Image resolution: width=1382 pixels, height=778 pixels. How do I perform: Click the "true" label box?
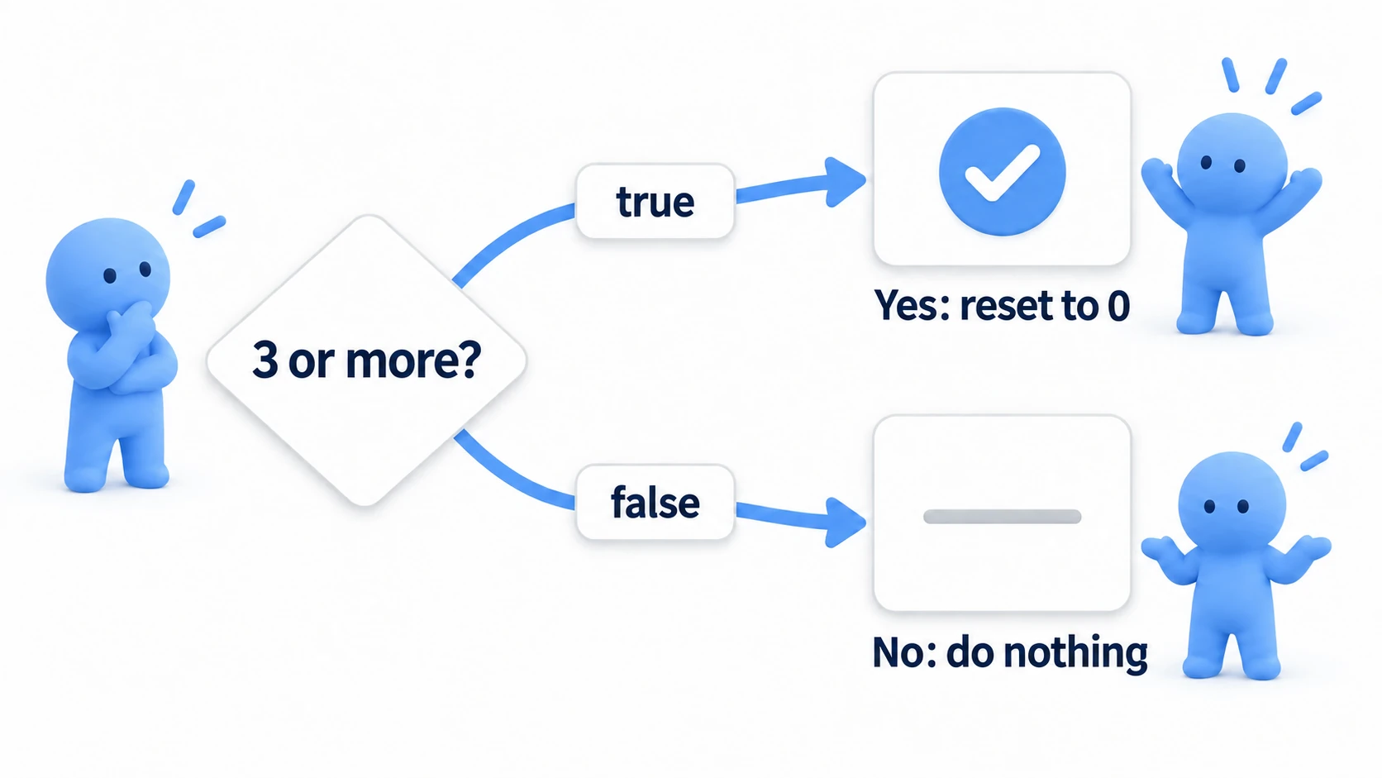tap(655, 201)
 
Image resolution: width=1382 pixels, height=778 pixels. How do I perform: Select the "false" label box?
tap(655, 502)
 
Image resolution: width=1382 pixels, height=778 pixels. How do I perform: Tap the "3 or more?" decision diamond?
tap(366, 361)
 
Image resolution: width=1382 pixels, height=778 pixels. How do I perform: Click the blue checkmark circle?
tap(1002, 171)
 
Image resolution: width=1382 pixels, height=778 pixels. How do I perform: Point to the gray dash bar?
tap(1002, 517)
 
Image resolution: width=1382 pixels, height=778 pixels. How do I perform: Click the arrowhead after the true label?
tap(846, 181)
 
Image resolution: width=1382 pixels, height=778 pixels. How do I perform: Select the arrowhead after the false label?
tap(846, 523)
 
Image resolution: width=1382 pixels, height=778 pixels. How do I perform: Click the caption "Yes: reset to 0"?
tap(1002, 305)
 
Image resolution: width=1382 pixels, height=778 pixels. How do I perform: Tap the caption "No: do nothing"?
tap(1010, 652)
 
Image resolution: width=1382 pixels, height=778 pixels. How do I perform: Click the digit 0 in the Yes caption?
tap(1118, 306)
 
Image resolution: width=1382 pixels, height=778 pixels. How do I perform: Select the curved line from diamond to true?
tap(506, 237)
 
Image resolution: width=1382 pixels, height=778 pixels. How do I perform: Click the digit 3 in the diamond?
tap(264, 360)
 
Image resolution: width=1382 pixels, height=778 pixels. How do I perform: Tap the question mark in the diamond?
tap(469, 359)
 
